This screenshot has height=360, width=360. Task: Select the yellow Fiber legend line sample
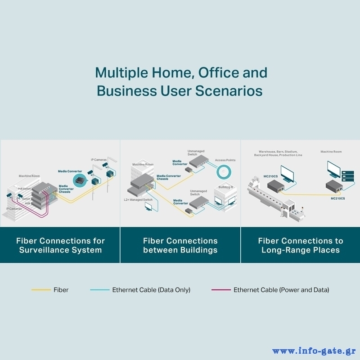click(40, 290)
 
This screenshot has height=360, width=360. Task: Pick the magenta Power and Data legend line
click(221, 290)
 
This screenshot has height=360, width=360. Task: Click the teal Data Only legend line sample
click(99, 290)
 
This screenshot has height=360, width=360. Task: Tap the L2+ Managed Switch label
click(138, 199)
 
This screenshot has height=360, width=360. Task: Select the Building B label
click(225, 187)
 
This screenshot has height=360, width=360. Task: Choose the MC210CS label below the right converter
click(338, 198)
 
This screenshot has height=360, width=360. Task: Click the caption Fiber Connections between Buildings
click(180, 245)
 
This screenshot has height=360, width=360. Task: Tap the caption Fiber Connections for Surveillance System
click(60, 245)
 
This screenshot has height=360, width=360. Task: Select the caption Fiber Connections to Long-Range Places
click(300, 245)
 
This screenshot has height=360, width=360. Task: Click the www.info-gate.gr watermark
click(314, 351)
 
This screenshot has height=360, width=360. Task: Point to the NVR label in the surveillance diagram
click(27, 203)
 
